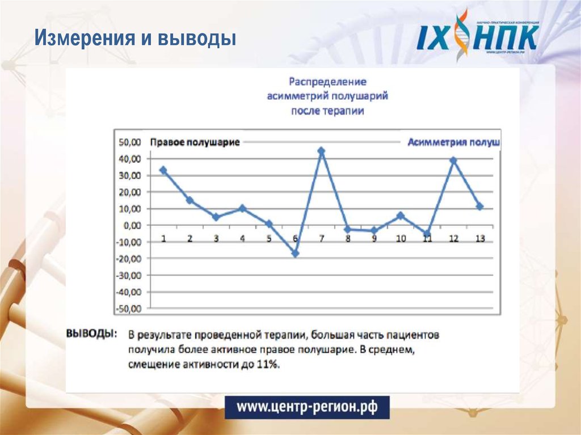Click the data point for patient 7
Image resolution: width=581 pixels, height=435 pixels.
(321, 151)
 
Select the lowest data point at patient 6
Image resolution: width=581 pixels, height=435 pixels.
(295, 254)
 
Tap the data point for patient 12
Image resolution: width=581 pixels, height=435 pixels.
(453, 161)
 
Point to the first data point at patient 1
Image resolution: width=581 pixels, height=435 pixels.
(163, 170)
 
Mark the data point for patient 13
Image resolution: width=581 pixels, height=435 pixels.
(480, 206)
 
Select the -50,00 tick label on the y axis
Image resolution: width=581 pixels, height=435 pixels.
(130, 309)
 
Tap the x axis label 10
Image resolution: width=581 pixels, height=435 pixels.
(401, 239)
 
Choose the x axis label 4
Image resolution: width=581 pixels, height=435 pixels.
(242, 239)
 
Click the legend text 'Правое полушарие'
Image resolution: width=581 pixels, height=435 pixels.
(195, 142)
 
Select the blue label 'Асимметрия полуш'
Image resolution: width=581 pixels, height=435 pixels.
(453, 142)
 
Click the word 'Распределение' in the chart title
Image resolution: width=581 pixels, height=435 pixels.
(328, 82)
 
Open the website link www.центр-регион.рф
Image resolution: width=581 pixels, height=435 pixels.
(306, 407)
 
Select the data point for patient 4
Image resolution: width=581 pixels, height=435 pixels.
(242, 209)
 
